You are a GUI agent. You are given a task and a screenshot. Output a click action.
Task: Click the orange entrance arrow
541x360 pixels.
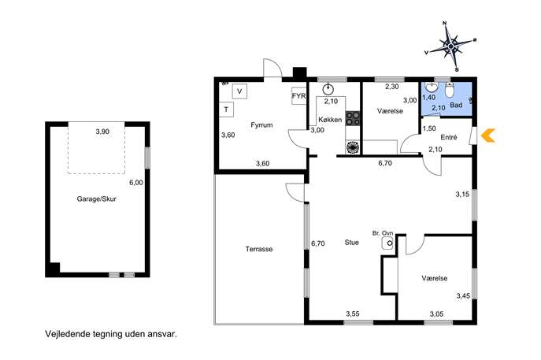click(487, 135)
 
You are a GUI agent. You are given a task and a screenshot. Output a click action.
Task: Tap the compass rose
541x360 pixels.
click(450, 46)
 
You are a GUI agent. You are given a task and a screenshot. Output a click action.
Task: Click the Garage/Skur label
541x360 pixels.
click(96, 199)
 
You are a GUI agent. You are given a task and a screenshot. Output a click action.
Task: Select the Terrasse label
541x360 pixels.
click(259, 249)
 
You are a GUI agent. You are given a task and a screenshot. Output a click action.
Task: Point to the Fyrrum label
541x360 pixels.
click(261, 125)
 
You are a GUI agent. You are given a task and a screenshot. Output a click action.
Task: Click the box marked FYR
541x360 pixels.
click(298, 96)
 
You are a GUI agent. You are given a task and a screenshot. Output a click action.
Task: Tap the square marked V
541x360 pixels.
click(239, 91)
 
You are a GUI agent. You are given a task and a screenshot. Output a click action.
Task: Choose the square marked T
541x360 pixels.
click(226, 109)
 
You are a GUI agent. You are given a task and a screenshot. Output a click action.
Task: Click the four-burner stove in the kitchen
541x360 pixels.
click(353, 118)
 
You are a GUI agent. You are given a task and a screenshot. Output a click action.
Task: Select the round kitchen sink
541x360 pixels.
click(328, 89)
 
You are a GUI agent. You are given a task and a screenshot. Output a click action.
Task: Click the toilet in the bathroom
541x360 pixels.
click(449, 91)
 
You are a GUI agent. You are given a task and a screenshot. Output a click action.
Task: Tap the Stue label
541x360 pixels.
click(351, 243)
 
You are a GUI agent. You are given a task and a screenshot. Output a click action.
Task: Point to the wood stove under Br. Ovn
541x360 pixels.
click(387, 243)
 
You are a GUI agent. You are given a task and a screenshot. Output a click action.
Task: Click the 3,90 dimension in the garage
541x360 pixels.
click(102, 132)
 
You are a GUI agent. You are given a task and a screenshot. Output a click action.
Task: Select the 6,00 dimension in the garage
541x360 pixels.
click(136, 183)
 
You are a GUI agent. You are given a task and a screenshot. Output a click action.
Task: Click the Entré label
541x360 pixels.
click(449, 137)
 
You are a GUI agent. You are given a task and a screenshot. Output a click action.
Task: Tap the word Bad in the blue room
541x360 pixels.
click(456, 105)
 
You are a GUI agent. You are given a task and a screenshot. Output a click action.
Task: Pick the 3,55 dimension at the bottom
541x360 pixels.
click(353, 314)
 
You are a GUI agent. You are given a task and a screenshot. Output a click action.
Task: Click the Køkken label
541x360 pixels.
click(330, 120)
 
